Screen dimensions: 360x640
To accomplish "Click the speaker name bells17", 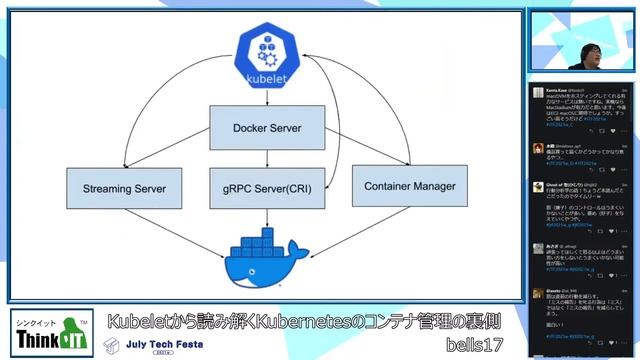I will pos(475,343).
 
